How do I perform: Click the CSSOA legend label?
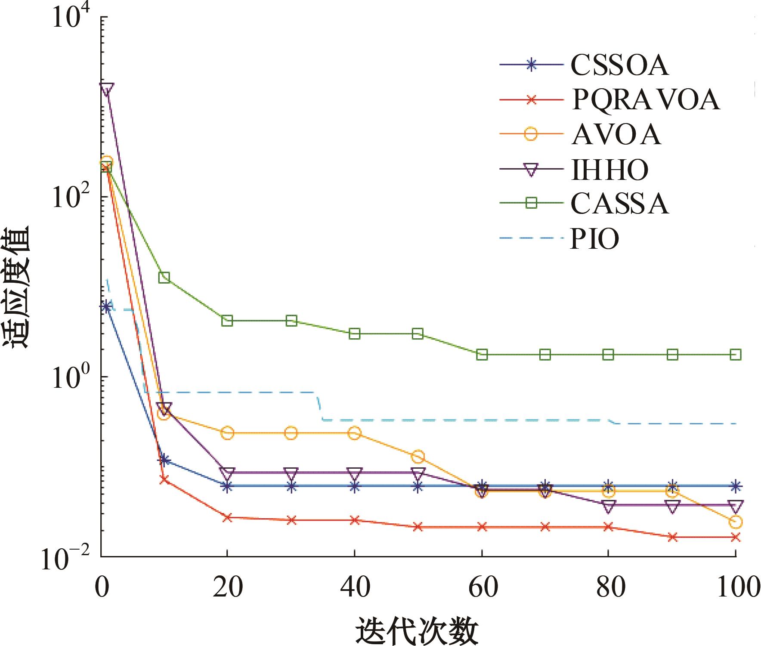pos(619,65)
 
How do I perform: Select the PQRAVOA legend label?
pos(646,100)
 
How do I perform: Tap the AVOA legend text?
pos(616,134)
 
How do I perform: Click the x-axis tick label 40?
pos(354,587)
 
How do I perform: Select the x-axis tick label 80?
pos(608,587)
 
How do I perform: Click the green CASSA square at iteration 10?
pos(164,278)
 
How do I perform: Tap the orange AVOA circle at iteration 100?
pos(736,522)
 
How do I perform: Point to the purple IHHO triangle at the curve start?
pos(106,89)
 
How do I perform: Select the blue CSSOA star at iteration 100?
pos(736,486)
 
